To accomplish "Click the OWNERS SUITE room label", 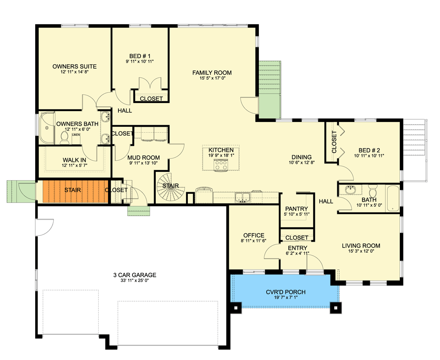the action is pyautogui.click(x=74, y=67).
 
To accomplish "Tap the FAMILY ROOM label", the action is pyautogui.click(x=212, y=72).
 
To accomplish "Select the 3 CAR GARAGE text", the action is pyautogui.click(x=135, y=275).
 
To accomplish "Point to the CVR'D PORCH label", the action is pyautogui.click(x=286, y=292).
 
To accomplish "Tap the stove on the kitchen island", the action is pyautogui.click(x=221, y=165).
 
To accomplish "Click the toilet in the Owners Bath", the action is pyautogui.click(x=64, y=138).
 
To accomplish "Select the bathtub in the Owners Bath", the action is pyautogui.click(x=46, y=128).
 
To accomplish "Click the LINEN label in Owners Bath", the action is pyautogui.click(x=76, y=135).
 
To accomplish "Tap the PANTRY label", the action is pyautogui.click(x=296, y=209).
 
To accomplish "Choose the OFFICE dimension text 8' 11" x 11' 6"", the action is pyautogui.click(x=254, y=241).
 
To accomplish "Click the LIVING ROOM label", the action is pyautogui.click(x=361, y=246).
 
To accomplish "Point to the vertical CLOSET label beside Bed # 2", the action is pyautogui.click(x=334, y=142).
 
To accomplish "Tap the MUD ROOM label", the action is pyautogui.click(x=143, y=157).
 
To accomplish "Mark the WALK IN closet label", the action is pyautogui.click(x=74, y=160).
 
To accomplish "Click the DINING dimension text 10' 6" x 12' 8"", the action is pyautogui.click(x=302, y=162).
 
